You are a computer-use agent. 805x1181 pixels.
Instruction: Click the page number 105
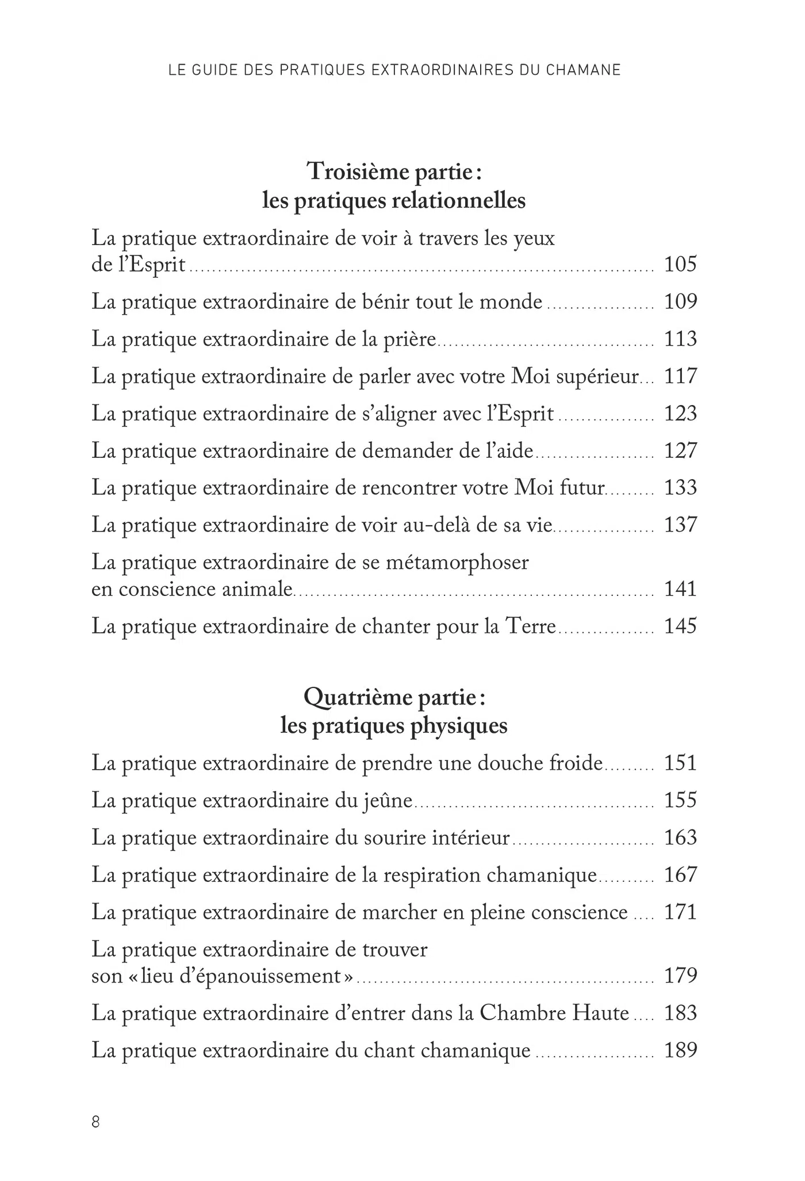[x=680, y=265]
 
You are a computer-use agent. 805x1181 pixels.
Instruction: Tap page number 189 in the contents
[x=680, y=1050]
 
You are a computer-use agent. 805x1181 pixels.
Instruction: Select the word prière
[x=409, y=339]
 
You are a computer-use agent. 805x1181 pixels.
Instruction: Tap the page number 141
[x=680, y=589]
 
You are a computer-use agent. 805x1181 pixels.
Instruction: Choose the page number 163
[x=680, y=838]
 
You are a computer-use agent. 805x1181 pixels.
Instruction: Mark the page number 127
[x=680, y=451]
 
